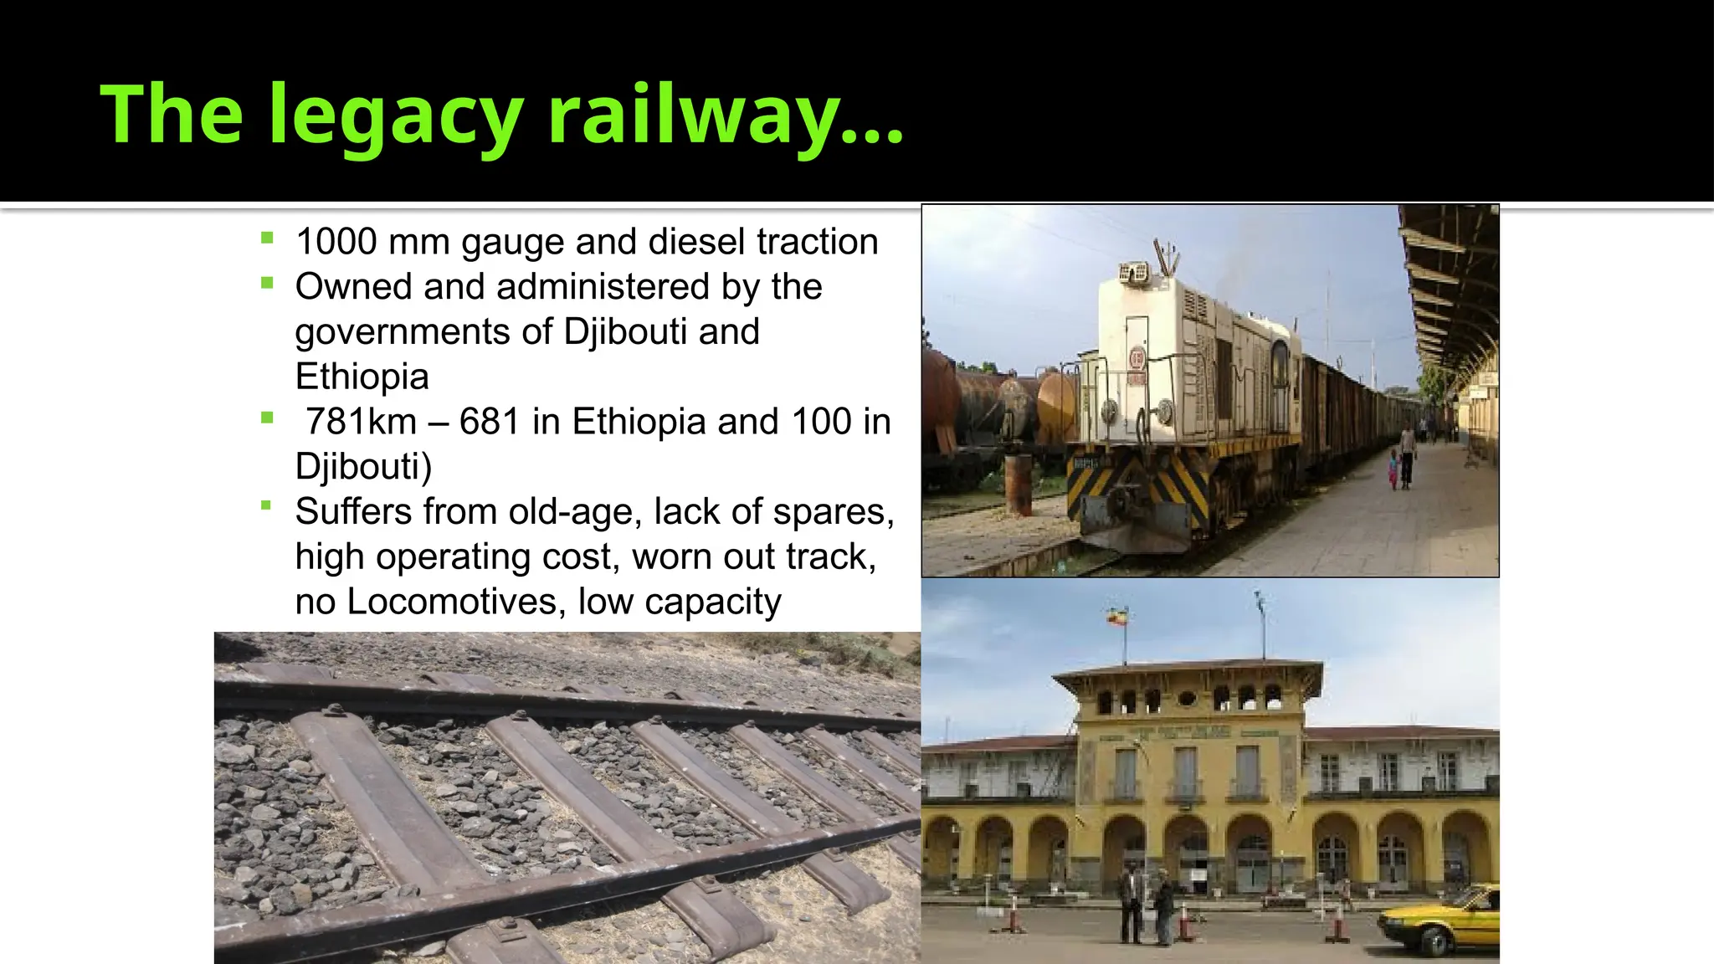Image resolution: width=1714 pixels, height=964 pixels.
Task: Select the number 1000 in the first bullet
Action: [336, 242]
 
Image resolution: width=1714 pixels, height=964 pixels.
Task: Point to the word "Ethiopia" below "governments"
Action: [362, 377]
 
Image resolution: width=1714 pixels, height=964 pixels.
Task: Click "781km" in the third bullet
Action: [361, 422]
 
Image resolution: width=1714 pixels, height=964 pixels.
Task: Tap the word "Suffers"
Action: [354, 511]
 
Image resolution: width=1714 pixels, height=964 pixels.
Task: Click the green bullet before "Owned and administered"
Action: [267, 283]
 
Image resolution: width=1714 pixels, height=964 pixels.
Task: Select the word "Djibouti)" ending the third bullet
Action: [363, 466]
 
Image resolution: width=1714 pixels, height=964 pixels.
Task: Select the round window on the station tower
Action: [1187, 698]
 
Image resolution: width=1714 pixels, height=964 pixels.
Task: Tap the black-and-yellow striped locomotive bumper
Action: [1138, 490]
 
